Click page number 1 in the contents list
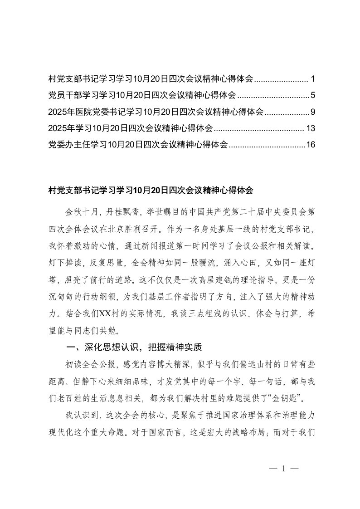pos(312,79)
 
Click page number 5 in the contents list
pos(312,96)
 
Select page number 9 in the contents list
pos(312,112)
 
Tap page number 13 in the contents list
pos(310,128)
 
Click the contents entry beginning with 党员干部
pos(142,96)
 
